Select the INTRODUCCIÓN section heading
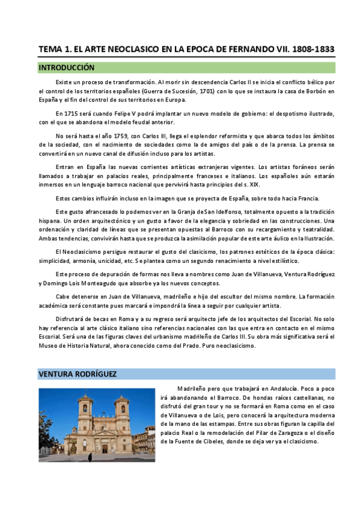(66, 68)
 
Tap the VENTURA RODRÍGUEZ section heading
(77, 374)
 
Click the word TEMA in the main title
(50, 49)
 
